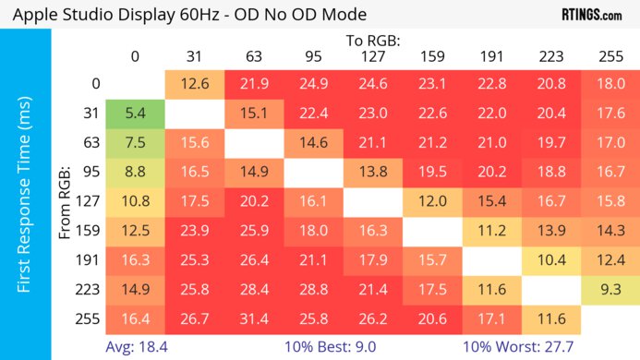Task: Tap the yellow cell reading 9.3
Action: [x=610, y=289]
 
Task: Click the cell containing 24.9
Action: [x=313, y=84]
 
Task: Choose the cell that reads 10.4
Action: [x=550, y=260]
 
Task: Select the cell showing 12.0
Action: [x=431, y=201]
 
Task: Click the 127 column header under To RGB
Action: [x=372, y=55]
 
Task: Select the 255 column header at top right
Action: [x=610, y=55]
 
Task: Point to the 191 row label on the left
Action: [x=90, y=260]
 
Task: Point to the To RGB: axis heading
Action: [x=372, y=40]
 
